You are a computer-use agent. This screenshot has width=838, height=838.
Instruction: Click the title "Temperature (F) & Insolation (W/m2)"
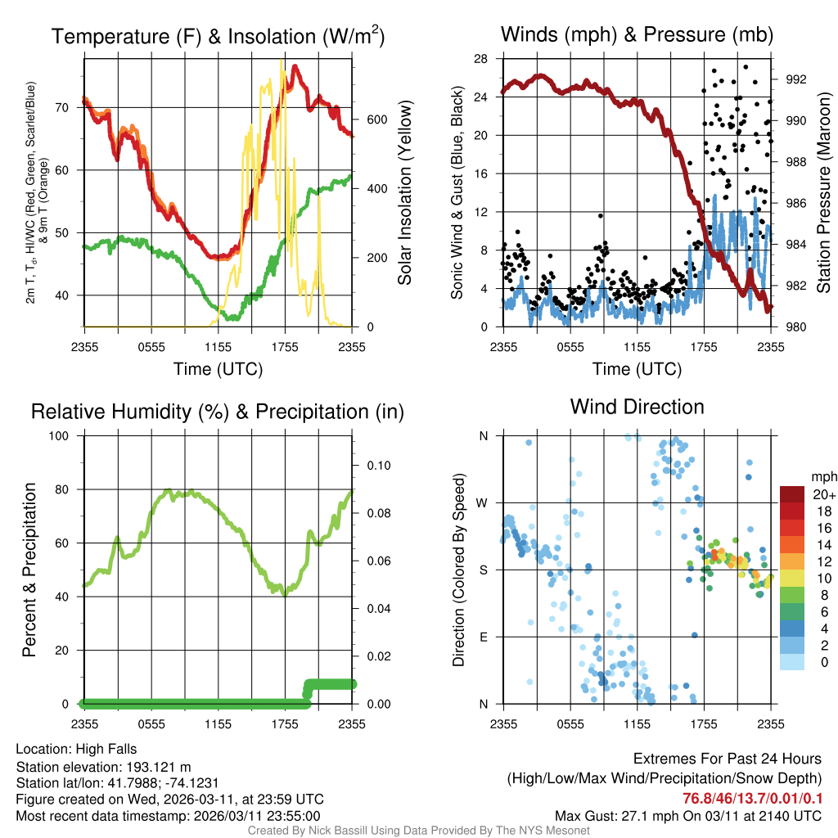coord(218,36)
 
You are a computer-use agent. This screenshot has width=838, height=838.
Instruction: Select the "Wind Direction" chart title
coord(637,407)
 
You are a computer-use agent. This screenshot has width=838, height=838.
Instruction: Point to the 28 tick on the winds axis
coord(481,58)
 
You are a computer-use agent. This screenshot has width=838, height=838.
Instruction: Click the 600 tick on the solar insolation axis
coord(376,119)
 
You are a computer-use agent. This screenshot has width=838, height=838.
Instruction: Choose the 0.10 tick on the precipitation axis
coord(377,466)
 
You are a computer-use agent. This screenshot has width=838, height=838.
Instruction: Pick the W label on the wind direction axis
coord(483,502)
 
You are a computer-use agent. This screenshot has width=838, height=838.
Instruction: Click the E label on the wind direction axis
coord(483,637)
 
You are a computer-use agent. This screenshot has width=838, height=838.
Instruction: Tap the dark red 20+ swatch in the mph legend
coord(793,494)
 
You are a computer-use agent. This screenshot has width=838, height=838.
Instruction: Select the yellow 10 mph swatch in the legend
coord(793,578)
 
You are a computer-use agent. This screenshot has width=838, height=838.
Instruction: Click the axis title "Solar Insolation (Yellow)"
coord(405,193)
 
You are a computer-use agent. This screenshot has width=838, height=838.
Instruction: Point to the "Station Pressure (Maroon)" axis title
coord(823,193)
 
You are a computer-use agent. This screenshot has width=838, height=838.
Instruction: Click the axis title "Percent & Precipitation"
coord(29,570)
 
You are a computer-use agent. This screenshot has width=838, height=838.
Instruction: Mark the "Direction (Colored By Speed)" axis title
coord(458,570)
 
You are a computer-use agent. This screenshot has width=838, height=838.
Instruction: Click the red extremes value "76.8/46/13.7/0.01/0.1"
coord(753,799)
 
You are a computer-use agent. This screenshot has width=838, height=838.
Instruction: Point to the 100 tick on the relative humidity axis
coord(62,436)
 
